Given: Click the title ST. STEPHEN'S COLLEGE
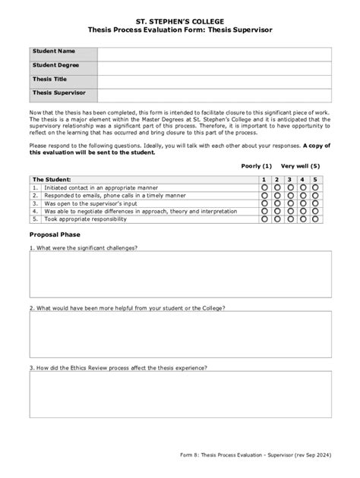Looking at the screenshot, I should tap(180, 16).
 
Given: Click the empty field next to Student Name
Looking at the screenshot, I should tap(213, 52).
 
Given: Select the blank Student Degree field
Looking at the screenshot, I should tap(213, 67).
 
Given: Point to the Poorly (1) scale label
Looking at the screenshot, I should tap(256, 165).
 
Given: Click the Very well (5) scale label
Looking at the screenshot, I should tap(300, 165).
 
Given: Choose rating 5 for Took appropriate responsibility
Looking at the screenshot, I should tap(315, 219).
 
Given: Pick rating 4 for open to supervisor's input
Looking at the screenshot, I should tap(302, 203).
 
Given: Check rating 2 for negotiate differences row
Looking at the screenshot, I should tap(277, 211).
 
